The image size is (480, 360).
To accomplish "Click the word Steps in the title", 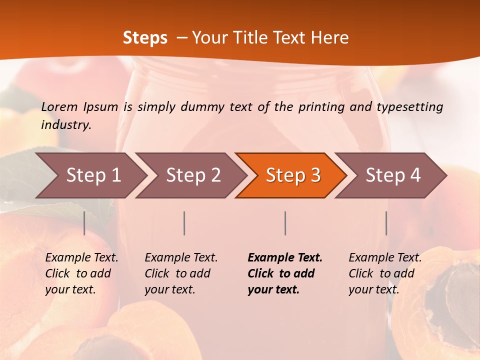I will [x=145, y=38].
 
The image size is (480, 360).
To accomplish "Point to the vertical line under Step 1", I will [x=84, y=223].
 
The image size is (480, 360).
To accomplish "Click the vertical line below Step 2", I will [x=184, y=223].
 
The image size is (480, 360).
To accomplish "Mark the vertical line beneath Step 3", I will [x=285, y=223].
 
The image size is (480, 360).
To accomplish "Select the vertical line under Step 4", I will [x=386, y=223].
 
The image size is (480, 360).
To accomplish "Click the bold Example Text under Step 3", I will [x=285, y=273].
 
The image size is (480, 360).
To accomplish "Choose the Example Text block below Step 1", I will [x=81, y=273].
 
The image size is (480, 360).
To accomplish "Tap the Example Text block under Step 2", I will [x=181, y=273].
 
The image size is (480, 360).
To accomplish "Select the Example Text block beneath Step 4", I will [x=385, y=273].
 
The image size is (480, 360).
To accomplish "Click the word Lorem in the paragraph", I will [x=59, y=106].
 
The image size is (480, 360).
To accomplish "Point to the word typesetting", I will [x=409, y=107].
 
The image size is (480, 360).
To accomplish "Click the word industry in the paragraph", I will [x=65, y=125].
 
